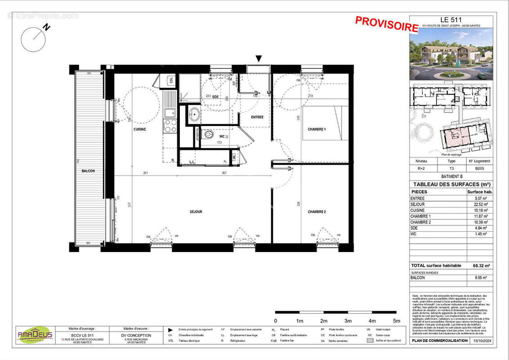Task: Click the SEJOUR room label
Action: click(196, 211)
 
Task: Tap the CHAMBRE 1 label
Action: click(317, 129)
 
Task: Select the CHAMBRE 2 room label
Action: click(317, 211)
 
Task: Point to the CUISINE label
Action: click(140, 129)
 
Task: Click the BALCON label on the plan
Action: click(88, 171)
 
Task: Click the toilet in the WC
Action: click(207, 134)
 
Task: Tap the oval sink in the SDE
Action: click(194, 114)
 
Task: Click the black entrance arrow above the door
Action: click(259, 58)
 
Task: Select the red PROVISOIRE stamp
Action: click(387, 23)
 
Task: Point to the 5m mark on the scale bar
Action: click(397, 321)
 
